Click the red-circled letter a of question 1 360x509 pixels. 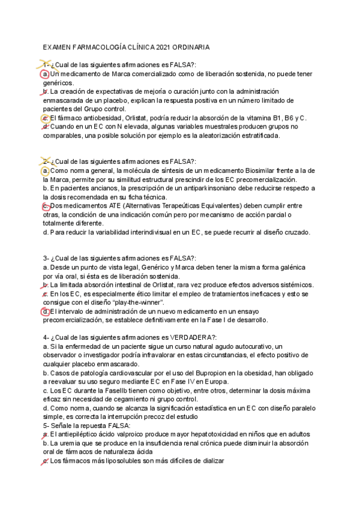[46, 74]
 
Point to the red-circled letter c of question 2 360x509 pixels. [46, 206]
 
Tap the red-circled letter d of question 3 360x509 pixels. [46, 312]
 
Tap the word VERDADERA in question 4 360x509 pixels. [179, 338]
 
